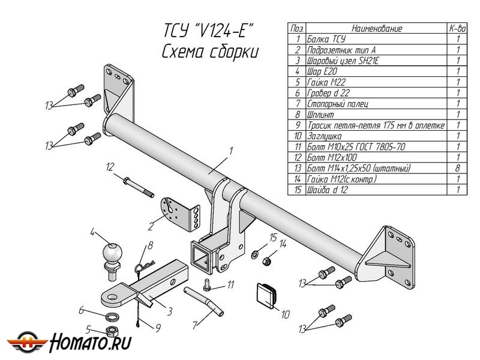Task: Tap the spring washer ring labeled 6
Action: pyautogui.click(x=110, y=316)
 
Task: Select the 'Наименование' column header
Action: pyautogui.click(x=376, y=28)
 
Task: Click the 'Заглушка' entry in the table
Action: pyautogui.click(x=325, y=136)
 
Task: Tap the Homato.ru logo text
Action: pyautogui.click(x=89, y=343)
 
